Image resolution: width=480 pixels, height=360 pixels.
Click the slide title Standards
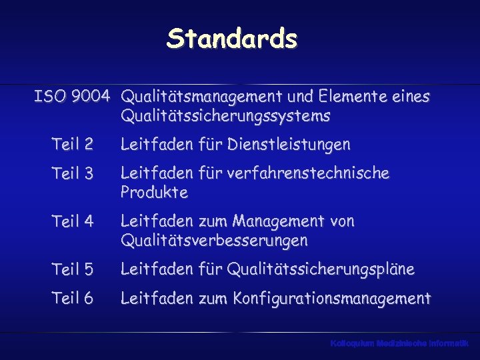(232, 39)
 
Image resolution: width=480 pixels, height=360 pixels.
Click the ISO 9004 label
(72, 97)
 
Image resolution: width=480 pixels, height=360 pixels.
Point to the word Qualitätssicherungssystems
(225, 117)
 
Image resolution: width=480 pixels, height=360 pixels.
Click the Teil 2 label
(72, 144)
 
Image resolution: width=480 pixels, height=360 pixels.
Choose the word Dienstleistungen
(288, 144)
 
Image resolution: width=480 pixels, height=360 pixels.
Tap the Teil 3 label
(72, 173)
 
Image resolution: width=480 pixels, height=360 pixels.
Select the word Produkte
(154, 193)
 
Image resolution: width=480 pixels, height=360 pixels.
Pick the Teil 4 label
(72, 221)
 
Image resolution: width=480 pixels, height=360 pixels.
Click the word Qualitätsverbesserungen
(214, 240)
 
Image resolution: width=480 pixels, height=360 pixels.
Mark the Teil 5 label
(72, 269)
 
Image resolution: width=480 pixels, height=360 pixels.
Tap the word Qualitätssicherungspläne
(321, 269)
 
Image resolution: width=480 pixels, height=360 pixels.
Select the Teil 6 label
(72, 299)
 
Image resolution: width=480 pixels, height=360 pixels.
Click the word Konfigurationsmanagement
(331, 299)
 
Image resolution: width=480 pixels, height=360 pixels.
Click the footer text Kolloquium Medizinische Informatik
(399, 343)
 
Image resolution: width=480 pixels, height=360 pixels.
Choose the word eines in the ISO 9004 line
(411, 97)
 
